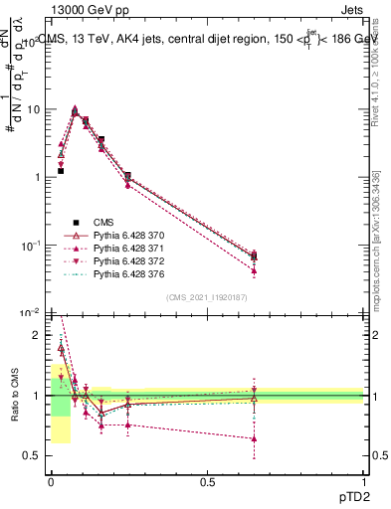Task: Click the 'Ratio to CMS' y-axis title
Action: pyautogui.click(x=13, y=396)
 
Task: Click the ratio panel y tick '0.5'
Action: pyautogui.click(x=35, y=456)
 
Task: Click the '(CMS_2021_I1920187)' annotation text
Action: pyautogui.click(x=206, y=297)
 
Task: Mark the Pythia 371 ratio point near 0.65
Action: pyautogui.click(x=255, y=438)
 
